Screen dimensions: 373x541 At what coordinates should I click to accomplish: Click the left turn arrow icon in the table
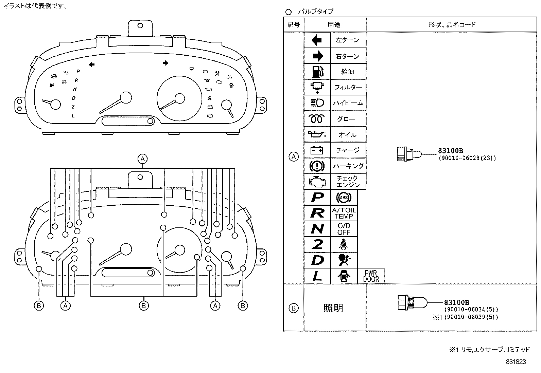pos(317,40)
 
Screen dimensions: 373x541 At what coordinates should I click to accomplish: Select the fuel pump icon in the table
pos(317,72)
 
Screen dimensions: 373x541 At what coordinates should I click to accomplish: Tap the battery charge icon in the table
pos(317,150)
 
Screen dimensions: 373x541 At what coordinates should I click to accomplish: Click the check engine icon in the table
pos(317,182)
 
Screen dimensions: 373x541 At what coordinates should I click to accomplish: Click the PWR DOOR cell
pos(371,276)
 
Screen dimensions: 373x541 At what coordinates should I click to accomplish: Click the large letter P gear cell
pos(317,197)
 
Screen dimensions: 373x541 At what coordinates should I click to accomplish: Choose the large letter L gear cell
pos(317,276)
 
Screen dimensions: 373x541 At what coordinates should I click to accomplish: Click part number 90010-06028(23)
pos(467,158)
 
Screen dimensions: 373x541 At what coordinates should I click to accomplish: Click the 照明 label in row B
pos(333,308)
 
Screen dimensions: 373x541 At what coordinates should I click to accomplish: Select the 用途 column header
pos(334,24)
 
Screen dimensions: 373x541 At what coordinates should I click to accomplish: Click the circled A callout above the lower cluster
pos(143,158)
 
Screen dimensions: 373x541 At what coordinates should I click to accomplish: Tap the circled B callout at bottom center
pos(143,305)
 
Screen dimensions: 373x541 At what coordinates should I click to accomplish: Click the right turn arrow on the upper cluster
pos(165,63)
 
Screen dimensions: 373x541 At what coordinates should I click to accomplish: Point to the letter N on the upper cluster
pos(75,89)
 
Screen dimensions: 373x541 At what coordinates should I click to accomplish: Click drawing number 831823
pos(516,362)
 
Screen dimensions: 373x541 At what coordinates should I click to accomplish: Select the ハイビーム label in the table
pos(348,103)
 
